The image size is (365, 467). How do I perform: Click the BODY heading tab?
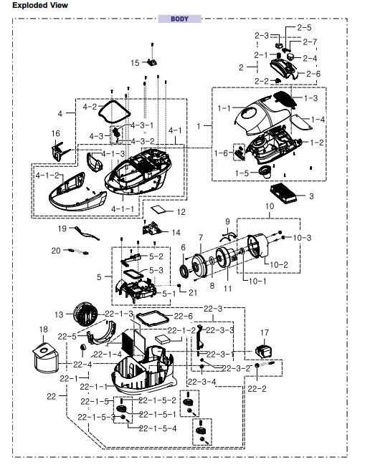(179, 19)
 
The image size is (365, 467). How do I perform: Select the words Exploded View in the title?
(40, 5)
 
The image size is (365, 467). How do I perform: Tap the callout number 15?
(135, 63)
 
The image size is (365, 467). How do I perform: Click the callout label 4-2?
(90, 107)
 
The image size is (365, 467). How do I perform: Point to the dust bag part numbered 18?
(45, 360)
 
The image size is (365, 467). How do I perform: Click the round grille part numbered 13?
(85, 315)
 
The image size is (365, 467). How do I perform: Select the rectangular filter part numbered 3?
(283, 193)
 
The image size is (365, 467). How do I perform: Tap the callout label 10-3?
(302, 238)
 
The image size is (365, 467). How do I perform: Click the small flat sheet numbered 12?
(158, 209)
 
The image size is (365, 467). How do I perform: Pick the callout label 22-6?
(184, 316)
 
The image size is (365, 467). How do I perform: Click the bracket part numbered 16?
(60, 151)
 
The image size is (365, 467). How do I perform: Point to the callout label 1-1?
(224, 108)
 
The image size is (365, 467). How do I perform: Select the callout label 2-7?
(310, 42)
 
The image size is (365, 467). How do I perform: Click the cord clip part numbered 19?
(87, 233)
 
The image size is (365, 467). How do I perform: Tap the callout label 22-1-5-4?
(158, 428)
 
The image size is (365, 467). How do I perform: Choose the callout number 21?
(193, 293)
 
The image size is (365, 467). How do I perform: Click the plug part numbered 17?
(264, 351)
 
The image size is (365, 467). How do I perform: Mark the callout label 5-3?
(156, 271)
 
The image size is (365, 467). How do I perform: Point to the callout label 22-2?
(257, 388)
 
